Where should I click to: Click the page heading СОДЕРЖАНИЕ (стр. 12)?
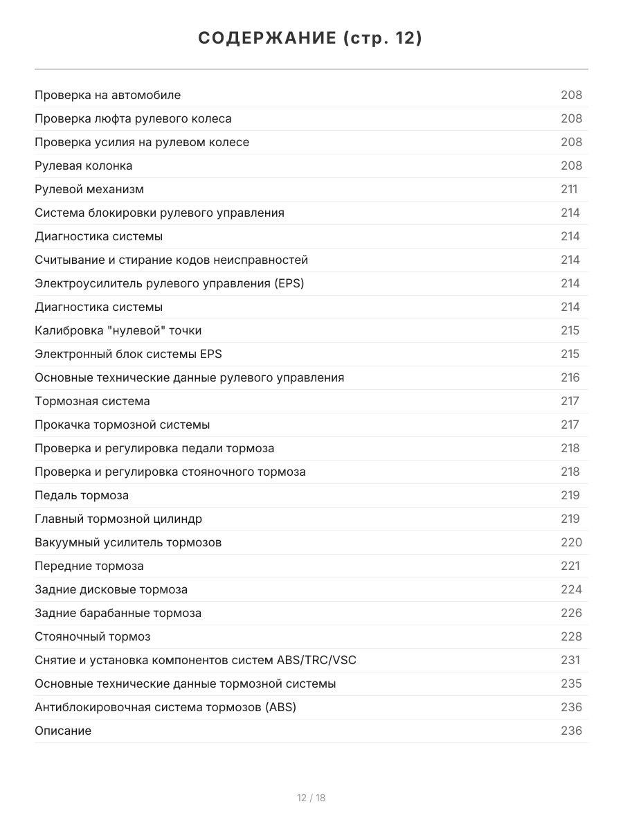pyautogui.click(x=311, y=39)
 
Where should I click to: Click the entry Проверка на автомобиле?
pyautogui.click(x=107, y=95)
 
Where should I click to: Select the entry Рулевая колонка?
pyautogui.click(x=83, y=166)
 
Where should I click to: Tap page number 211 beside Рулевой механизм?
pyautogui.click(x=569, y=189)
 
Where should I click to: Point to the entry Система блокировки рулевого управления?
pyautogui.click(x=159, y=213)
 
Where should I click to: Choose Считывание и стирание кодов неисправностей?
pyautogui.click(x=171, y=260)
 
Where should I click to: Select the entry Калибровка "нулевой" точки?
pyautogui.click(x=118, y=330)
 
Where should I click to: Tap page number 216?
pyautogui.click(x=570, y=377)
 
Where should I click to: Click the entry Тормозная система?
pyautogui.click(x=92, y=401)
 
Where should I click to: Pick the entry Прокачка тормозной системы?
pyautogui.click(x=122, y=425)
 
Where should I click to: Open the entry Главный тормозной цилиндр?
pyautogui.click(x=118, y=519)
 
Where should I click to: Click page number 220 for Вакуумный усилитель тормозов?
pyautogui.click(x=571, y=542)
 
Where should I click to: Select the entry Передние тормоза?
pyautogui.click(x=89, y=566)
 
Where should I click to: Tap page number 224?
pyautogui.click(x=571, y=589)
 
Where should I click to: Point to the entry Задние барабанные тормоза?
pyautogui.click(x=118, y=613)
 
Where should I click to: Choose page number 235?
pyautogui.click(x=571, y=683)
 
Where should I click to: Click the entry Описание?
pyautogui.click(x=63, y=731)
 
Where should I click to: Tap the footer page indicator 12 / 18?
pyautogui.click(x=311, y=798)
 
